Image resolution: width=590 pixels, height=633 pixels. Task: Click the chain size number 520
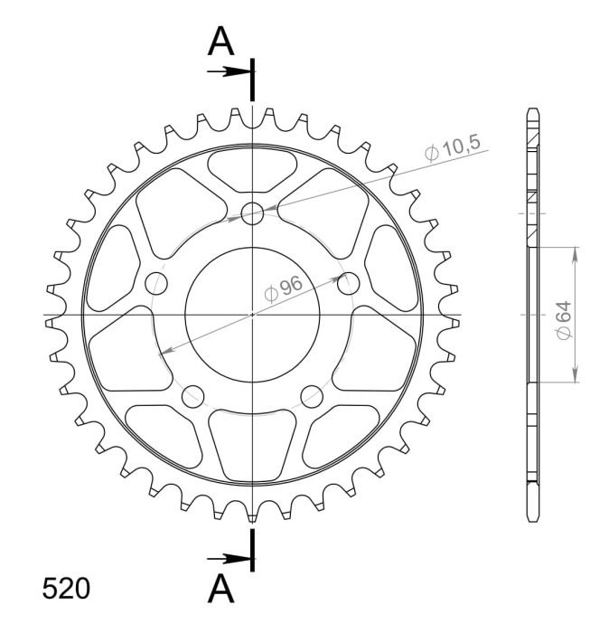(66, 589)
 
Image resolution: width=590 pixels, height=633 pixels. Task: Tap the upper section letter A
(220, 42)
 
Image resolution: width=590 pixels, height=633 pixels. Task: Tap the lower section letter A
(220, 588)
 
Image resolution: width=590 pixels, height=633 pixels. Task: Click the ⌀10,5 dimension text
(454, 147)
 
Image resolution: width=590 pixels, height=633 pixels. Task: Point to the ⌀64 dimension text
(564, 320)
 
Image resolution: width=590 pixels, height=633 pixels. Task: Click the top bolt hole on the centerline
(252, 213)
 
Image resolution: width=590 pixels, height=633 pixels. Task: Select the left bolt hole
(156, 283)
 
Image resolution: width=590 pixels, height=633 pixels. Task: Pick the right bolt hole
(349, 283)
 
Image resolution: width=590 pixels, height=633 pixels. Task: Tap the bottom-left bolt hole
(192, 396)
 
